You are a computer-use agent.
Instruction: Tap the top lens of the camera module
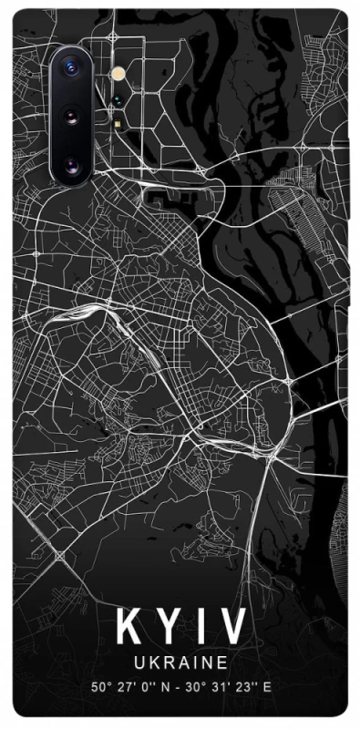72,67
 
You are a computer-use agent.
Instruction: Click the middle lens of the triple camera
72,116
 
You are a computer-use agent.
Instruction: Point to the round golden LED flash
116,72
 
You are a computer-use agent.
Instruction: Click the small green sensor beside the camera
118,100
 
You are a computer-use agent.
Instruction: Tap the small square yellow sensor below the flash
118,121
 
